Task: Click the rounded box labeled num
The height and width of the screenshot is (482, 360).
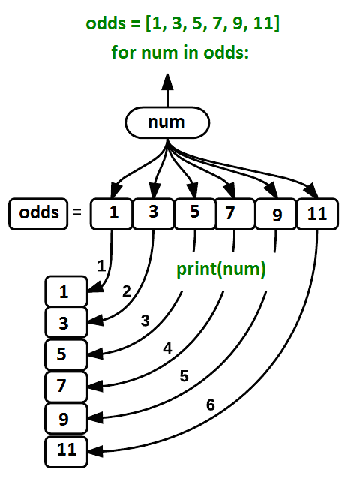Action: point(166,123)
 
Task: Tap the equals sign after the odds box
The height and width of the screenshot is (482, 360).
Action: point(76,214)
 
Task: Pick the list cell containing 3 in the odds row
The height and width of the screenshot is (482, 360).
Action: point(153,214)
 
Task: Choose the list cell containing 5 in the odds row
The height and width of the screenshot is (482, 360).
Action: point(194,214)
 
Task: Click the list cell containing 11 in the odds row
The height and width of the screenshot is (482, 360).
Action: point(317,214)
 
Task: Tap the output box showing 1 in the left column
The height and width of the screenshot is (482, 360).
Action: point(65,292)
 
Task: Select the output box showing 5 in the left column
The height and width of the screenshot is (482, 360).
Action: point(65,353)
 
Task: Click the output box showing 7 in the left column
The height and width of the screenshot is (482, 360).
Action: point(65,387)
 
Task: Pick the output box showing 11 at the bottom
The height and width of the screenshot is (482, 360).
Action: point(66,450)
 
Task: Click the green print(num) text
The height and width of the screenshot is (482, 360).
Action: point(221,269)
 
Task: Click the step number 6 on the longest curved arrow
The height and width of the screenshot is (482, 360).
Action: point(211,405)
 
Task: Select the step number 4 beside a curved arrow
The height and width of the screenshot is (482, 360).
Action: point(168,348)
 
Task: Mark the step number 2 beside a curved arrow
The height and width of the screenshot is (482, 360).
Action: point(126,291)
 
